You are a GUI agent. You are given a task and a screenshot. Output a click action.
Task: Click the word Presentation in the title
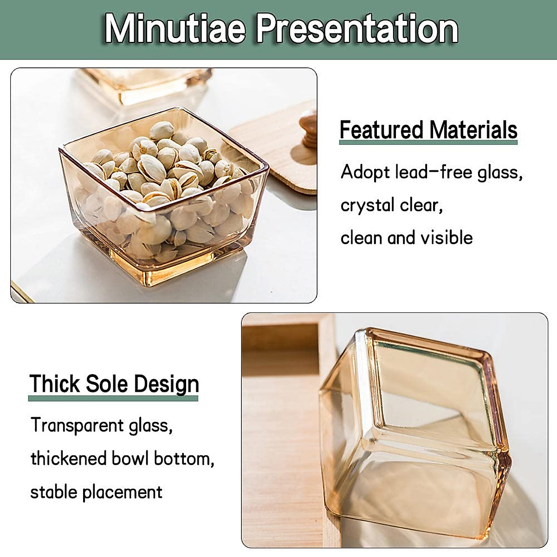pyautogui.click(x=357, y=29)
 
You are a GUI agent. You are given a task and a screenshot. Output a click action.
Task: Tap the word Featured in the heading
pyautogui.click(x=381, y=130)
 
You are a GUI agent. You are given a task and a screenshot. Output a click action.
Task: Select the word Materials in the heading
pyautogui.click(x=473, y=130)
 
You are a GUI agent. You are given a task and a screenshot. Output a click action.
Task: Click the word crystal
pyautogui.click(x=367, y=205)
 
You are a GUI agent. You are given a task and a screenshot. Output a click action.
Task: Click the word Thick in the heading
pyautogui.click(x=54, y=384)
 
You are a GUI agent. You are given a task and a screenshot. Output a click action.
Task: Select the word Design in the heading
pyautogui.click(x=167, y=385)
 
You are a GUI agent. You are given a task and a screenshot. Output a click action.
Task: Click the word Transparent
pyautogui.click(x=77, y=425)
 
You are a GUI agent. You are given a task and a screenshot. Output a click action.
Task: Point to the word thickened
pyautogui.click(x=69, y=459)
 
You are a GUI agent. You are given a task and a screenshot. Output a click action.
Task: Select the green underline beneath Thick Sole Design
pyautogui.click(x=113, y=398)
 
